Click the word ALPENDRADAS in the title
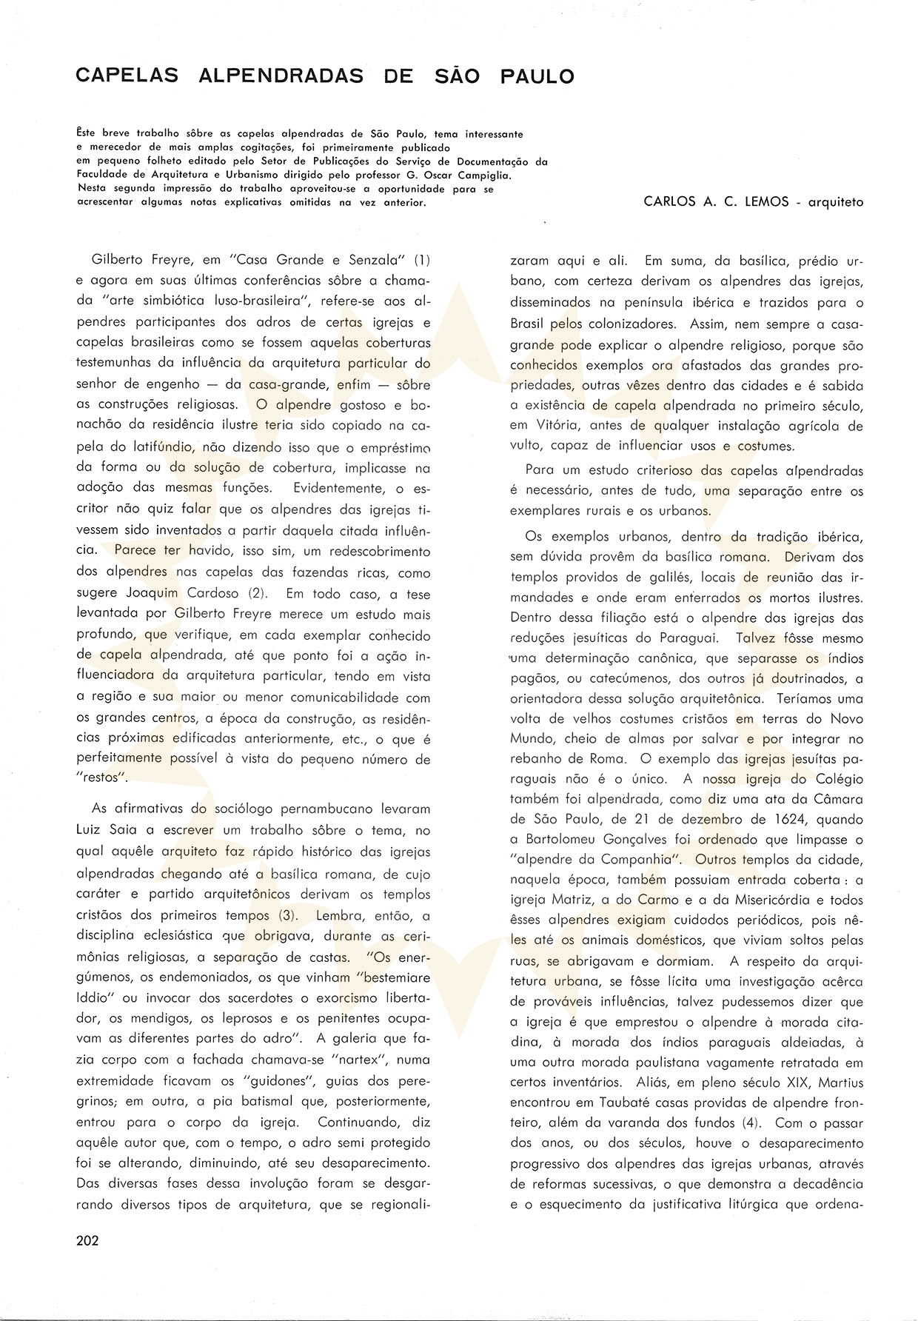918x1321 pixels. pos(281,76)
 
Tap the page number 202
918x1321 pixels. pos(87,1241)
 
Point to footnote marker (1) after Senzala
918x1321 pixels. pos(421,261)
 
